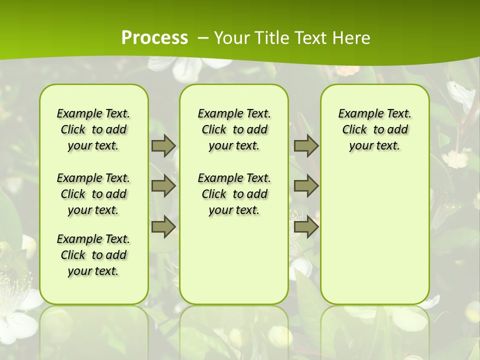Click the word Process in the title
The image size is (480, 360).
[x=154, y=37]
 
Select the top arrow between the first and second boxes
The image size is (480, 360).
[x=163, y=146]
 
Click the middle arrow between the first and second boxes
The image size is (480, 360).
[x=163, y=186]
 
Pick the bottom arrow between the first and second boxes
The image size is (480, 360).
[x=163, y=227]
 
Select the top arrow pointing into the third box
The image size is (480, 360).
[x=306, y=146]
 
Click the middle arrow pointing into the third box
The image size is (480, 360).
[x=306, y=186]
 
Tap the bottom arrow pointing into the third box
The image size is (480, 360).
[x=306, y=227]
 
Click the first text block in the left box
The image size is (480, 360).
[x=93, y=129]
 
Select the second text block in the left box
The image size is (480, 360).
[x=93, y=194]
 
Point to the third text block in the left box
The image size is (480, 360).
[x=93, y=255]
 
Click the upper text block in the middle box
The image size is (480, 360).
[x=234, y=129]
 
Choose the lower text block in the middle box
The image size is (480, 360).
[x=234, y=194]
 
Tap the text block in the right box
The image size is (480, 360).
[x=374, y=129]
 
